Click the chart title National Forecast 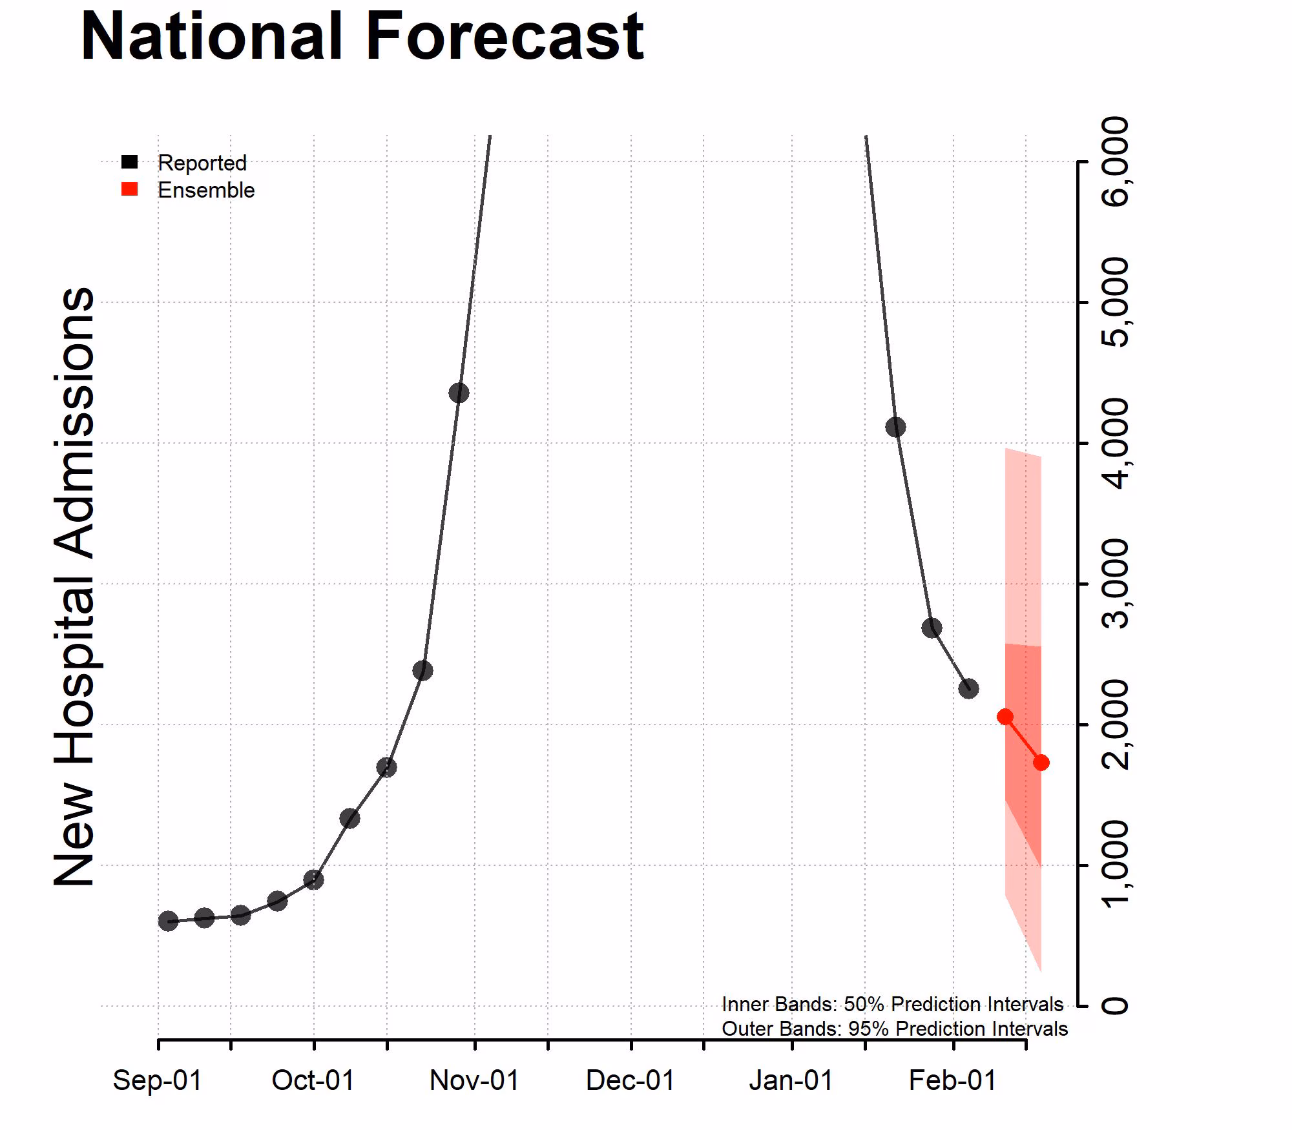362,37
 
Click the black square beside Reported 130,162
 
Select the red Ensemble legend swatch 130,189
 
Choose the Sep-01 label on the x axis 158,1080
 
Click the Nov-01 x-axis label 474,1080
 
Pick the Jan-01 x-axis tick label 791,1080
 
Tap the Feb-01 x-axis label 953,1080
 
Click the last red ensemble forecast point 1041,763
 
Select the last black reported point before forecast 968,688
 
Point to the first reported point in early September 168,921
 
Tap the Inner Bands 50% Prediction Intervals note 892,1004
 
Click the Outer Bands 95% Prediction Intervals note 894,1029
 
